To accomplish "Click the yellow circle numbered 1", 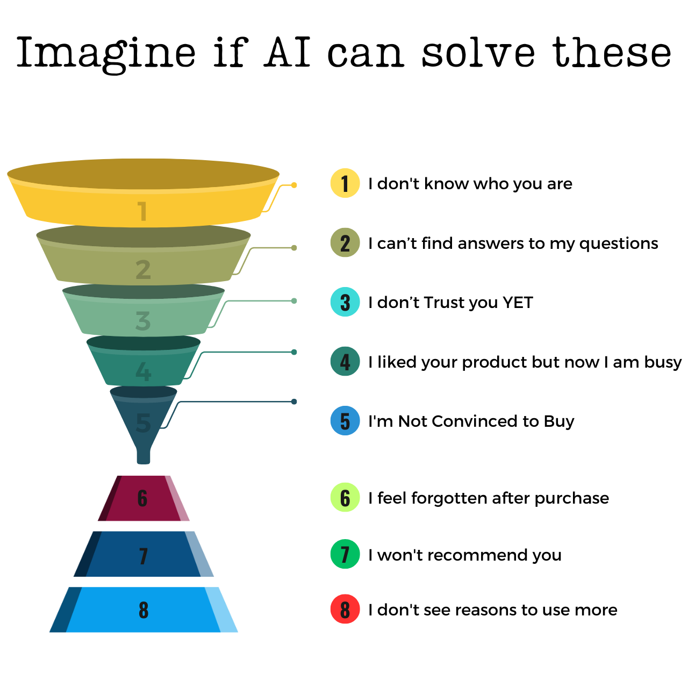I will [x=345, y=183].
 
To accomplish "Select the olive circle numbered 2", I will [x=345, y=243].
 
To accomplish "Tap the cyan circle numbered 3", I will [x=345, y=302].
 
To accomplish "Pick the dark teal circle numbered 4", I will [x=345, y=361].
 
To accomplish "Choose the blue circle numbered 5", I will [x=345, y=421].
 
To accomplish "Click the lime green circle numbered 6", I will [x=345, y=498].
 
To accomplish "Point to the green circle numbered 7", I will [x=345, y=554].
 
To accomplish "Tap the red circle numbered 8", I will [x=345, y=610].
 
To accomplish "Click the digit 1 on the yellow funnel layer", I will [x=142, y=211].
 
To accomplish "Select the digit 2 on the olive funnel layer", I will [x=143, y=270].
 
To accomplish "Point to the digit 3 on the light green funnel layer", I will [x=143, y=321].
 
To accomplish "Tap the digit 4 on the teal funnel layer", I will [x=143, y=371].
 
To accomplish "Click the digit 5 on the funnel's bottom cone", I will [x=144, y=423].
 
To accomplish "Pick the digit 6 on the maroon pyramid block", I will [x=142, y=498].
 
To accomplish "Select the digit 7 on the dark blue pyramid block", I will [x=144, y=556].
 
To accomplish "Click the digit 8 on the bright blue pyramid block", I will [x=144, y=610].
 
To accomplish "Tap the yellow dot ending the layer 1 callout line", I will [x=294, y=185].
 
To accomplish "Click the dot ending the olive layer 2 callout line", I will [x=294, y=248].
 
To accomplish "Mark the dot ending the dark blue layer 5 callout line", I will [x=294, y=402].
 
